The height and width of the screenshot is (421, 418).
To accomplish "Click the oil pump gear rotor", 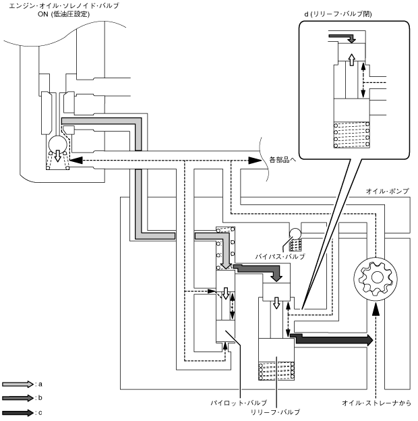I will pyautogui.click(x=378, y=277).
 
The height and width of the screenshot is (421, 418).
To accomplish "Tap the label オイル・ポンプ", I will pyautogui.click(x=388, y=192).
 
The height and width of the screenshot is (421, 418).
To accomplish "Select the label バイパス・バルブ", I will pyautogui.click(x=280, y=257).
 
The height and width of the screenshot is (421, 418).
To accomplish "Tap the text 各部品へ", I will pyautogui.click(x=282, y=161).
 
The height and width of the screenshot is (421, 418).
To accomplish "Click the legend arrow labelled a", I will pyautogui.click(x=16, y=383).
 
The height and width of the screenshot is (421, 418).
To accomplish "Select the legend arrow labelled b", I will pyautogui.click(x=16, y=398).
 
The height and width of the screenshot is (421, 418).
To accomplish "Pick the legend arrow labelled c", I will pyautogui.click(x=16, y=412).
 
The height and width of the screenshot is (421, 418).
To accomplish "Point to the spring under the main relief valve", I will pyautogui.click(x=277, y=372).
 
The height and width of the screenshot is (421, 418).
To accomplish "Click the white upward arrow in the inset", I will pyautogui.click(x=351, y=61).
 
